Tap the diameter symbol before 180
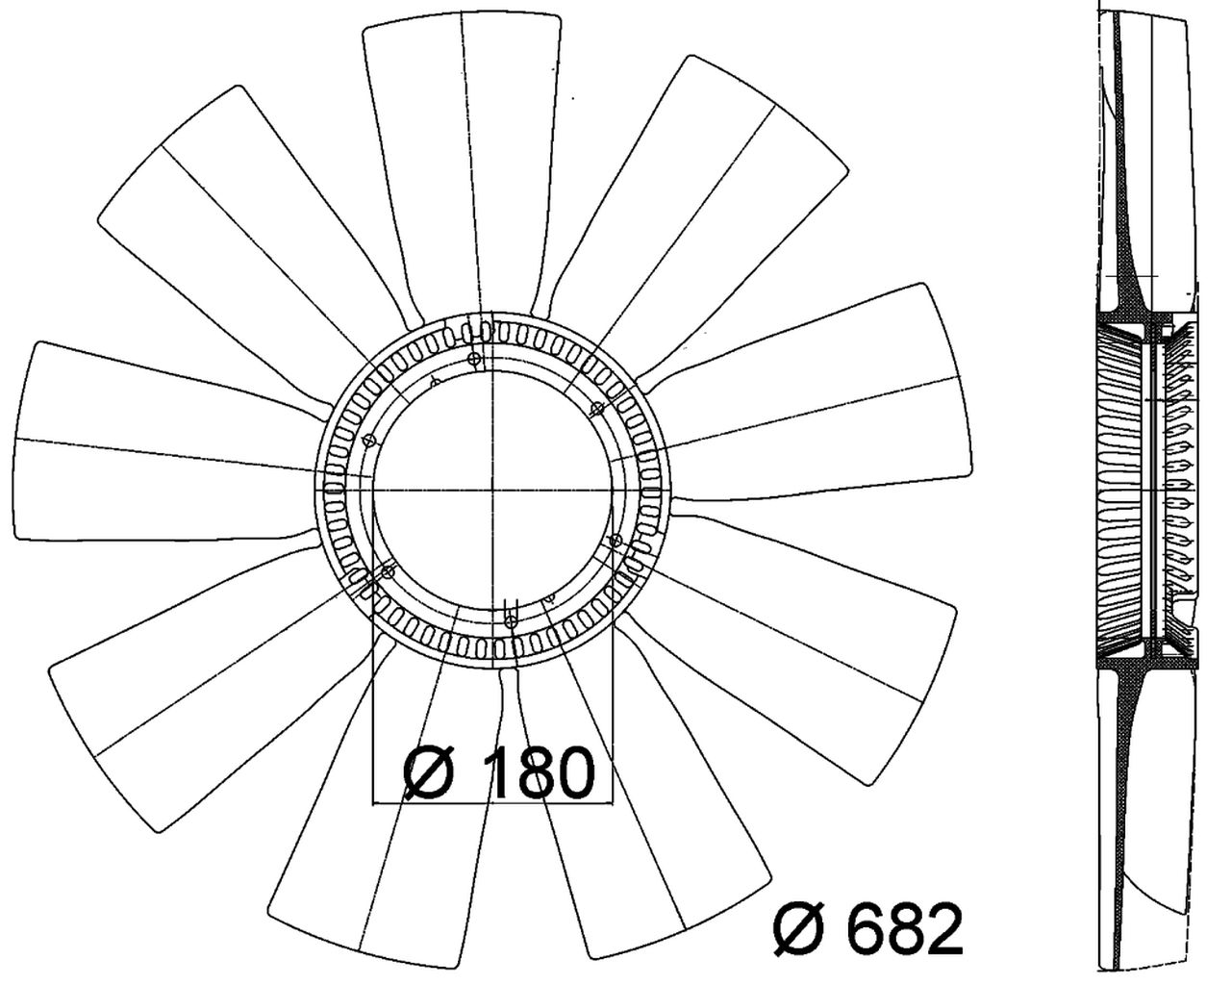[431, 772]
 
